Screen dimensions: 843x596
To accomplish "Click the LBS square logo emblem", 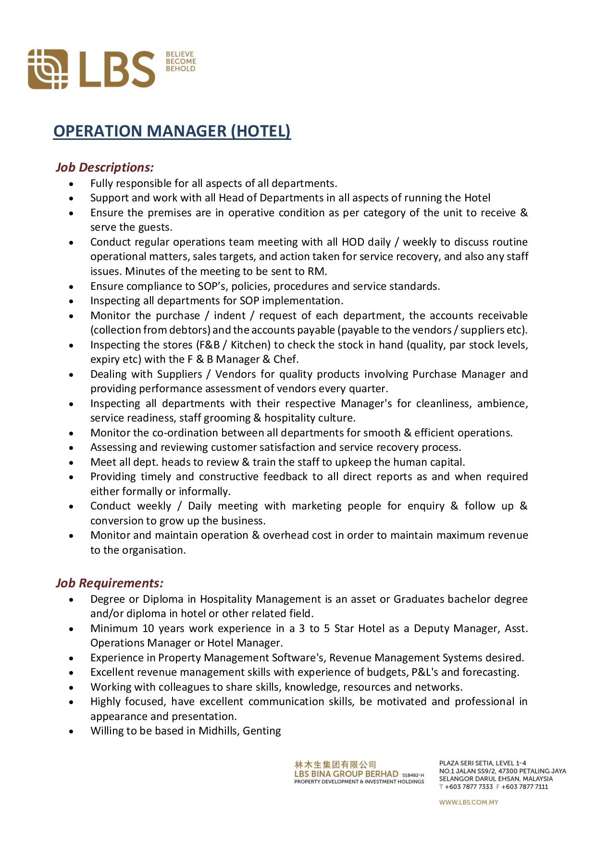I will coord(48,69).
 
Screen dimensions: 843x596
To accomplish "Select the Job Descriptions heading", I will coord(104,167).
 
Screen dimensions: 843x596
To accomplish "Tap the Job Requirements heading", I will coord(109,583).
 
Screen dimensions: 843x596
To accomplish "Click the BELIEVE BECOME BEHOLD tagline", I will coord(181,62).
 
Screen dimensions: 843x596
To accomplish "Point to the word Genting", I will coord(262,731).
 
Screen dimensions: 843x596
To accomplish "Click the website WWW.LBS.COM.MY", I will coord(468,802).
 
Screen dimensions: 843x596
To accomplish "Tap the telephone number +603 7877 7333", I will coord(469,787).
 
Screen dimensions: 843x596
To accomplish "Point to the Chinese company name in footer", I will coord(335,764).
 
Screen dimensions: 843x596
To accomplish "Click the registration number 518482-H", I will coord(413,775).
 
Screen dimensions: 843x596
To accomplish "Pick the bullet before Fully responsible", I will coord(71,184).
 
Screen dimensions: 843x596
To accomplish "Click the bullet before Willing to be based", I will coord(71,731).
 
